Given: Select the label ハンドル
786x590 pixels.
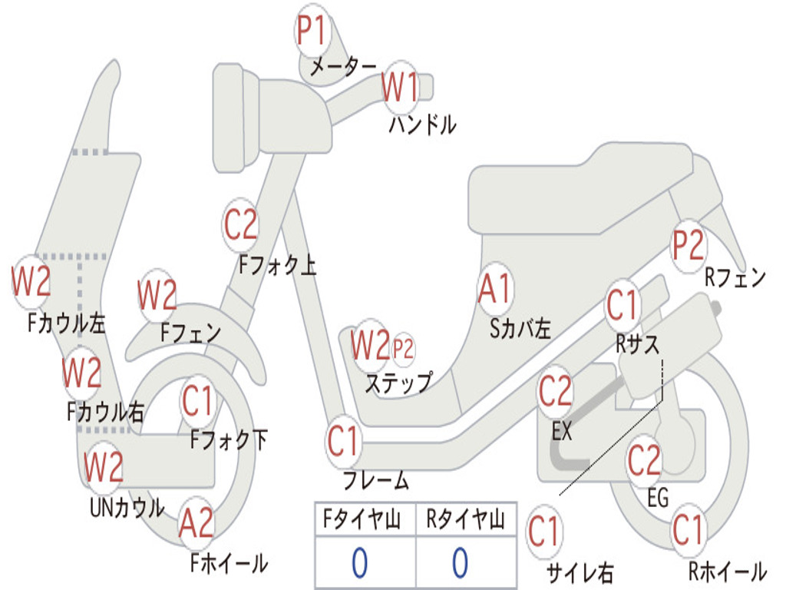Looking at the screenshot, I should pos(422,124).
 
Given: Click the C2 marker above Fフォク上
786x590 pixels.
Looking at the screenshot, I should pos(241,224).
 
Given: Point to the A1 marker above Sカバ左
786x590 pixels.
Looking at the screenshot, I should pos(495,290).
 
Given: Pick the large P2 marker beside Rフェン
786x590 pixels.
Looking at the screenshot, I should pos(688,246).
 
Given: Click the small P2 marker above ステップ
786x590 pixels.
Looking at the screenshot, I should pos(403,349).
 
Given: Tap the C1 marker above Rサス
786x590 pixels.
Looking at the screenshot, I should pos(623,305).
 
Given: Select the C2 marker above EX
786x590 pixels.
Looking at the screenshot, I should pos(556,393).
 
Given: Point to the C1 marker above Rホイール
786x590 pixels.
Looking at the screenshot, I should pos(688,529).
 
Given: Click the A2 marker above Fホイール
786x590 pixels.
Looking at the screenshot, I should pos(196,524).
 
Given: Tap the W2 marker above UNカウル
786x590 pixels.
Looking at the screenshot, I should pos(104,466).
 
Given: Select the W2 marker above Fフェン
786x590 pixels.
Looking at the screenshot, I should pos(157,295).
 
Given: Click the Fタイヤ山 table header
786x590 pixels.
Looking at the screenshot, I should pos(365,521).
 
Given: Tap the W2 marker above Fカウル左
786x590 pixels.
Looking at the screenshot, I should pos(31,281).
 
